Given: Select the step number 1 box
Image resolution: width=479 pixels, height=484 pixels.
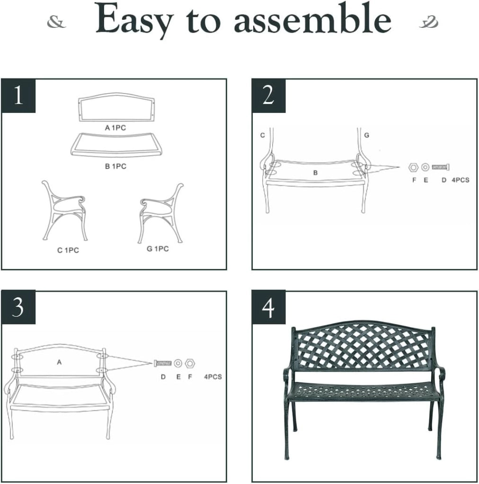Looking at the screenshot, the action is tap(18, 95).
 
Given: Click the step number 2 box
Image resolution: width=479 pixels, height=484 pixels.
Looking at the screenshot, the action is tap(268, 95).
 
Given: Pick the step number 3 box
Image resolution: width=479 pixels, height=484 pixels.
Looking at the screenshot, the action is tap(18, 307).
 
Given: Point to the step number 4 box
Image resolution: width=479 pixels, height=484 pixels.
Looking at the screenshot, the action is tap(268, 307).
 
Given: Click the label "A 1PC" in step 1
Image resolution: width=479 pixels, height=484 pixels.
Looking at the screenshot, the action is tap(115, 128).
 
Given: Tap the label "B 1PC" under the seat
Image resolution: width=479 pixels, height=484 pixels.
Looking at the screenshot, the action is tap(115, 166).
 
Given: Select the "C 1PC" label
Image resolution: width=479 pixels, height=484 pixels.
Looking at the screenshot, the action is tap(68, 251).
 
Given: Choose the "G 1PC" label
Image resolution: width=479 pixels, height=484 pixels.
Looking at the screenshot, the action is tap(158, 249).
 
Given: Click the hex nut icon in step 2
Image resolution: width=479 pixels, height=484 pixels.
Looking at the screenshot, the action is tap(413, 167).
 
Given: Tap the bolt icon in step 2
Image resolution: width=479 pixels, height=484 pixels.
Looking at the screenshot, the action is tap(440, 167).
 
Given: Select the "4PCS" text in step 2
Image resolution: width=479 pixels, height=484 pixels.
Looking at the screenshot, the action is tap(461, 180).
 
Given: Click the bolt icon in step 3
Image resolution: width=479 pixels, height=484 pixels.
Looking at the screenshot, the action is tap(162, 363).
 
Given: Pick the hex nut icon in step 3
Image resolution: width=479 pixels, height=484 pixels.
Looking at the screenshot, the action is tap(190, 363).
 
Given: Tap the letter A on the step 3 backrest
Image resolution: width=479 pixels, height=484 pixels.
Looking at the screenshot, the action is tap(59, 362).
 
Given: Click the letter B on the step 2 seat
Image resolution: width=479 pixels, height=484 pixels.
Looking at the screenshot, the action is tap(315, 173).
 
